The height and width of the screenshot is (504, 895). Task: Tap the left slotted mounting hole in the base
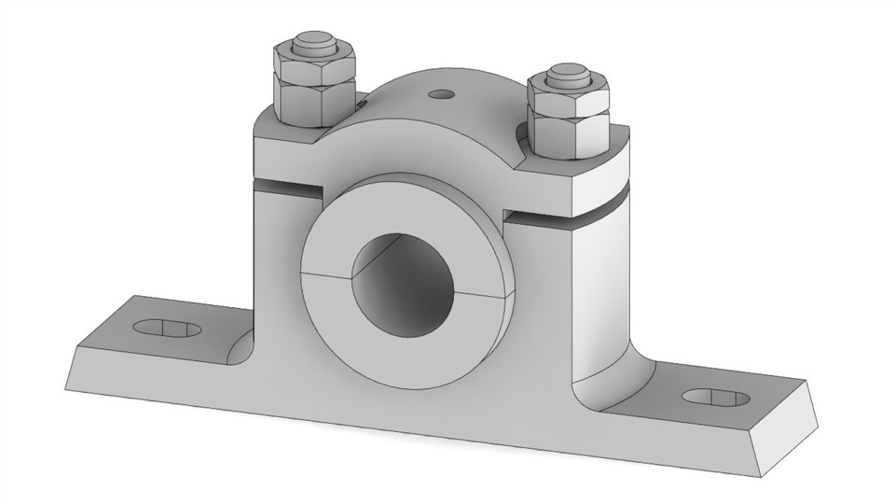(167, 329)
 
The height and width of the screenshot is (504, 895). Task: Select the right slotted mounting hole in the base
(715, 397)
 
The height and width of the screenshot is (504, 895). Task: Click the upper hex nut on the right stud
(569, 92)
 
